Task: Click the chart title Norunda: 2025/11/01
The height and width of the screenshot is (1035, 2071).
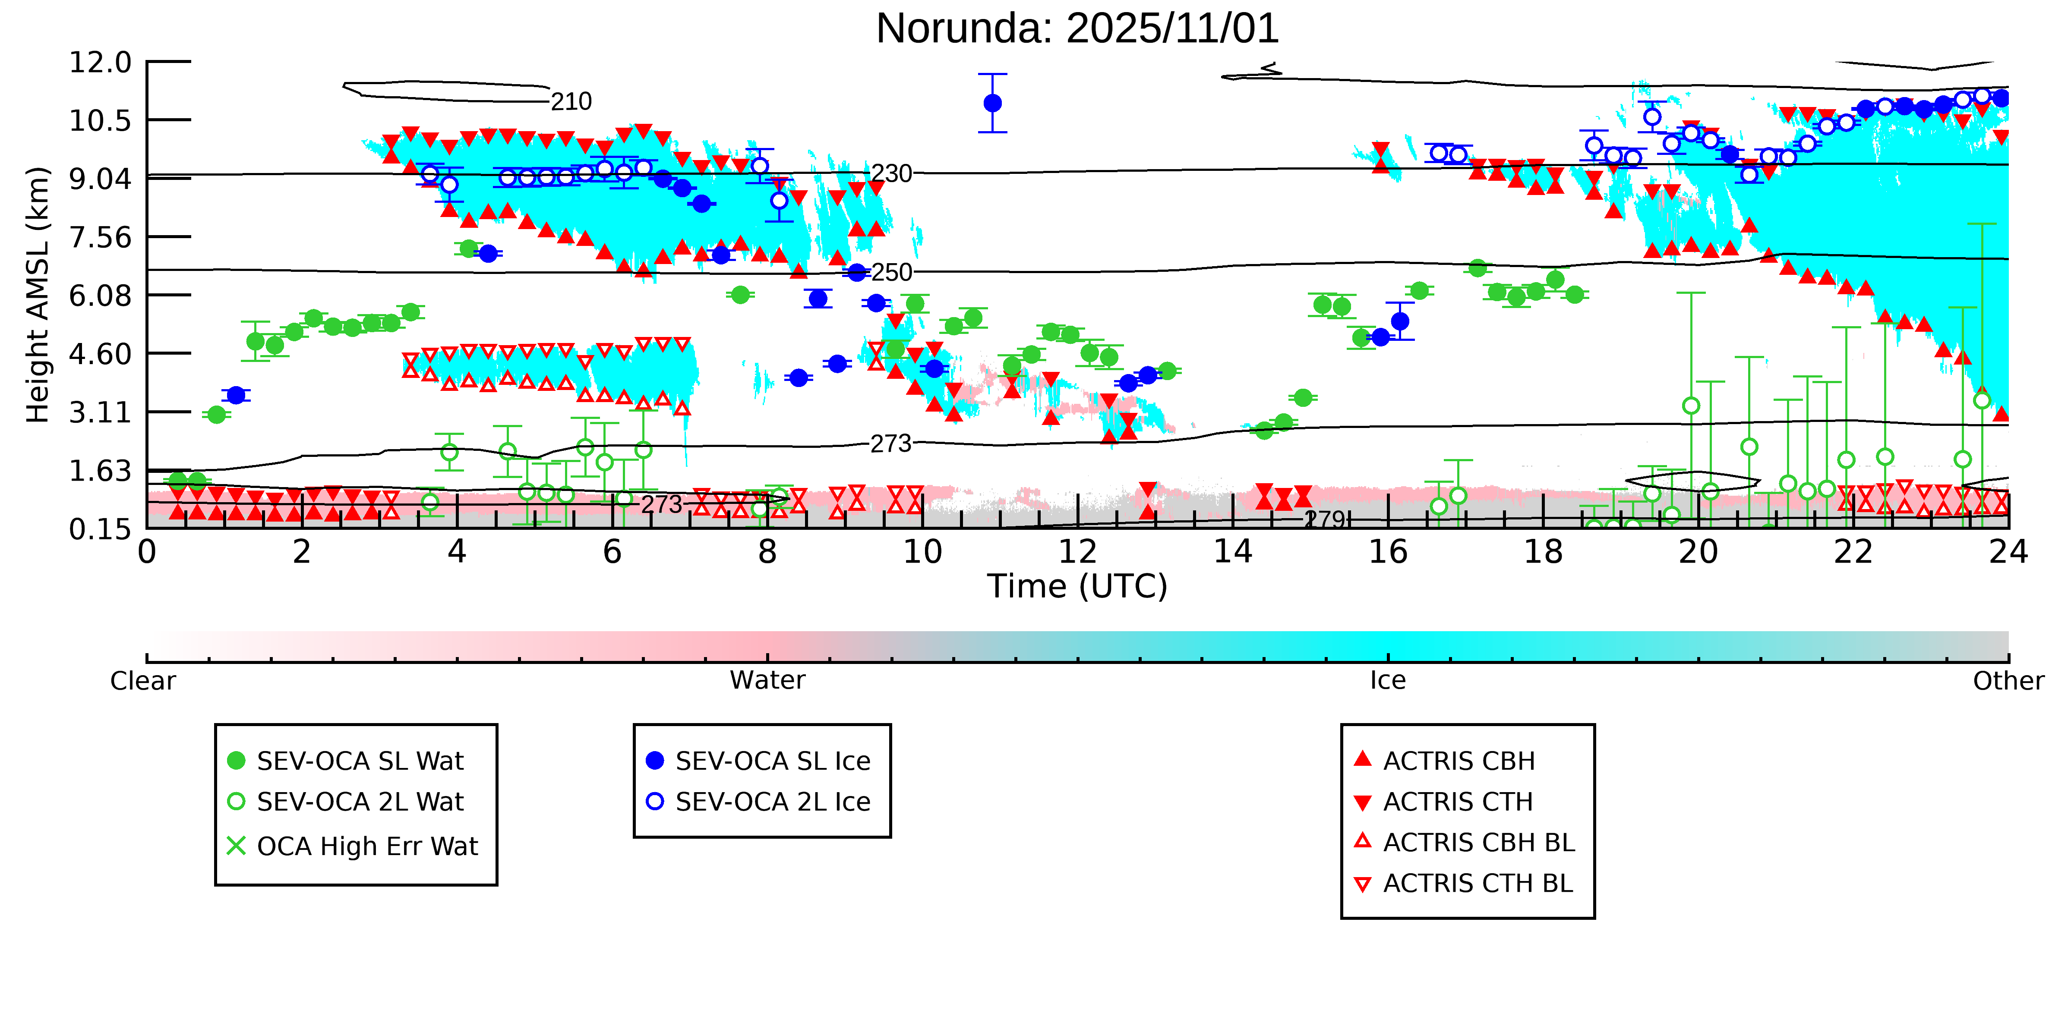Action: tap(1077, 29)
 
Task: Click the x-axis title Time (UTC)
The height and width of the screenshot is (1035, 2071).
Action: tap(1077, 586)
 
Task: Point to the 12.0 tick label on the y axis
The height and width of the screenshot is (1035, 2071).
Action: tap(100, 62)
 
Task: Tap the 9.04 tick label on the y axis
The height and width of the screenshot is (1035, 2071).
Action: tap(100, 178)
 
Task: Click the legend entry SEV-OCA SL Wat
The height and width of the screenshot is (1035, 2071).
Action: tap(360, 761)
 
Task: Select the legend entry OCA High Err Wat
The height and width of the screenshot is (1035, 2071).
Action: tap(366, 846)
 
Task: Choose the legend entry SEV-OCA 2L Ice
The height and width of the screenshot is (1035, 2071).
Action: tap(772, 802)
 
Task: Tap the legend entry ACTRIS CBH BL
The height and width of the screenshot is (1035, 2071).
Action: tap(1477, 842)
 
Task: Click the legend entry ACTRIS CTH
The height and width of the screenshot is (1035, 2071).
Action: tap(1458, 802)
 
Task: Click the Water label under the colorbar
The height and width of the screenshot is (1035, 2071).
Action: tap(767, 681)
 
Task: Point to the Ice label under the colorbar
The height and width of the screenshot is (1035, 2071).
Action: tap(1388, 681)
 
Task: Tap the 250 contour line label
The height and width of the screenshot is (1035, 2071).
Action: tap(892, 272)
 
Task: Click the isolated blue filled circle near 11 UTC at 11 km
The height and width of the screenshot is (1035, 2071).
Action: tap(992, 103)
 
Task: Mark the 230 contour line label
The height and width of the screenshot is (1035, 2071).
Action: tap(892, 173)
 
